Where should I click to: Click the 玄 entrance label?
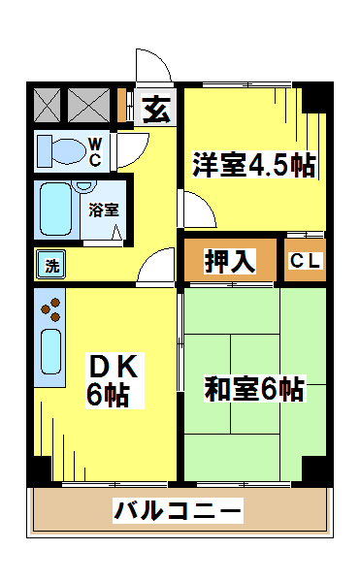(x=156, y=109)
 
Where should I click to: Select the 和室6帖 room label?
(x=254, y=389)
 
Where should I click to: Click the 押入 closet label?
(x=230, y=260)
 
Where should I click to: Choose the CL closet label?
(x=306, y=260)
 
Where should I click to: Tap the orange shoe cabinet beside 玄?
(x=123, y=105)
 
